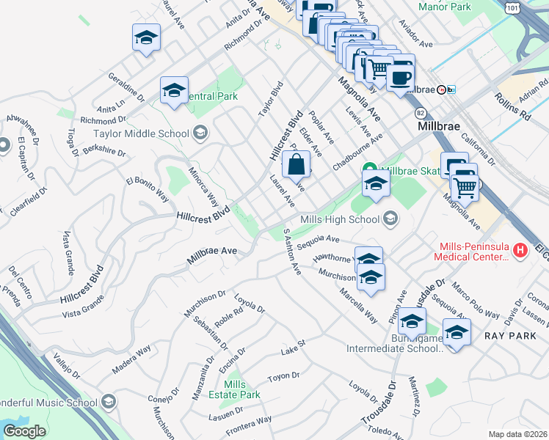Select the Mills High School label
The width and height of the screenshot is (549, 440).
pos(340,219)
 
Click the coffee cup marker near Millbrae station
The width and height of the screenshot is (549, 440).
pos(401,76)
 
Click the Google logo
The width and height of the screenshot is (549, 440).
pos(24,431)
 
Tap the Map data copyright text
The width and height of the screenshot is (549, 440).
pos(517,434)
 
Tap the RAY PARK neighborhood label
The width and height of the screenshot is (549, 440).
pos(505,334)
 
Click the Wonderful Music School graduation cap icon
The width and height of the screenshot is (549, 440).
pos(109,402)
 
